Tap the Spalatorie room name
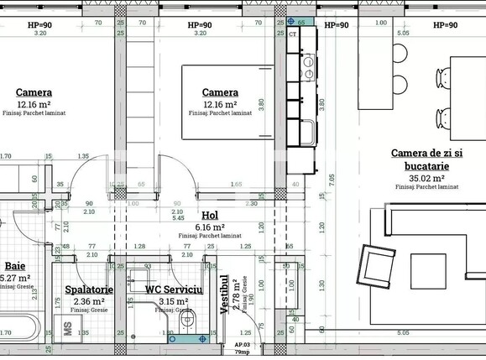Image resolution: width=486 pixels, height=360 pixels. [x=89, y=290]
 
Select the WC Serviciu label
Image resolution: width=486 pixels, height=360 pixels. [x=175, y=290]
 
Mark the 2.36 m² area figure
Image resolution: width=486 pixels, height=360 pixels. [x=89, y=301]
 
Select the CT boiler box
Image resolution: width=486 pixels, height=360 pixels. [x=293, y=34]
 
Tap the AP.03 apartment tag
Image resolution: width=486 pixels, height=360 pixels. [x=242, y=346]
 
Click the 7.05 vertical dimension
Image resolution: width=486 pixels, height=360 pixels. [x=332, y=179]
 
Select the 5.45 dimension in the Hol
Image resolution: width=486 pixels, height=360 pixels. [x=179, y=218]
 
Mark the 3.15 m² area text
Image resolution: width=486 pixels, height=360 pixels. [x=175, y=301]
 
